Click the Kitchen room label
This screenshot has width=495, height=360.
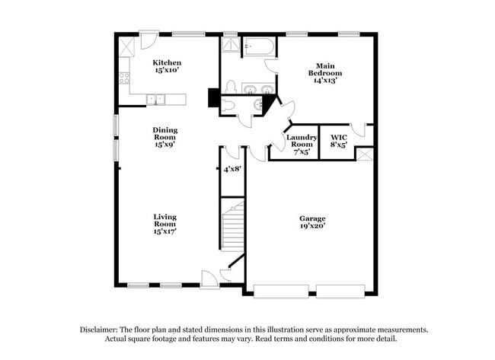pyautogui.click(x=167, y=66)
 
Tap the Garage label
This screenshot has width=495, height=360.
pyautogui.click(x=313, y=221)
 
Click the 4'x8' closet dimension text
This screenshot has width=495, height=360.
pyautogui.click(x=232, y=169)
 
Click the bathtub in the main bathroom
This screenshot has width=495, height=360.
pyautogui.click(x=259, y=48)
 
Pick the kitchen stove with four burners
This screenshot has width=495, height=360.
pyautogui.click(x=123, y=77)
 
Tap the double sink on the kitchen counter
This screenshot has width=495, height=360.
pyautogui.click(x=156, y=99)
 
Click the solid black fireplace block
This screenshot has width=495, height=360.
pyautogui.click(x=214, y=98)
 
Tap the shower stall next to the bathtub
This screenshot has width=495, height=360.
pyautogui.click(x=230, y=46)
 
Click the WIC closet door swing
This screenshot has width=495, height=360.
pyautogui.click(x=360, y=131)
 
